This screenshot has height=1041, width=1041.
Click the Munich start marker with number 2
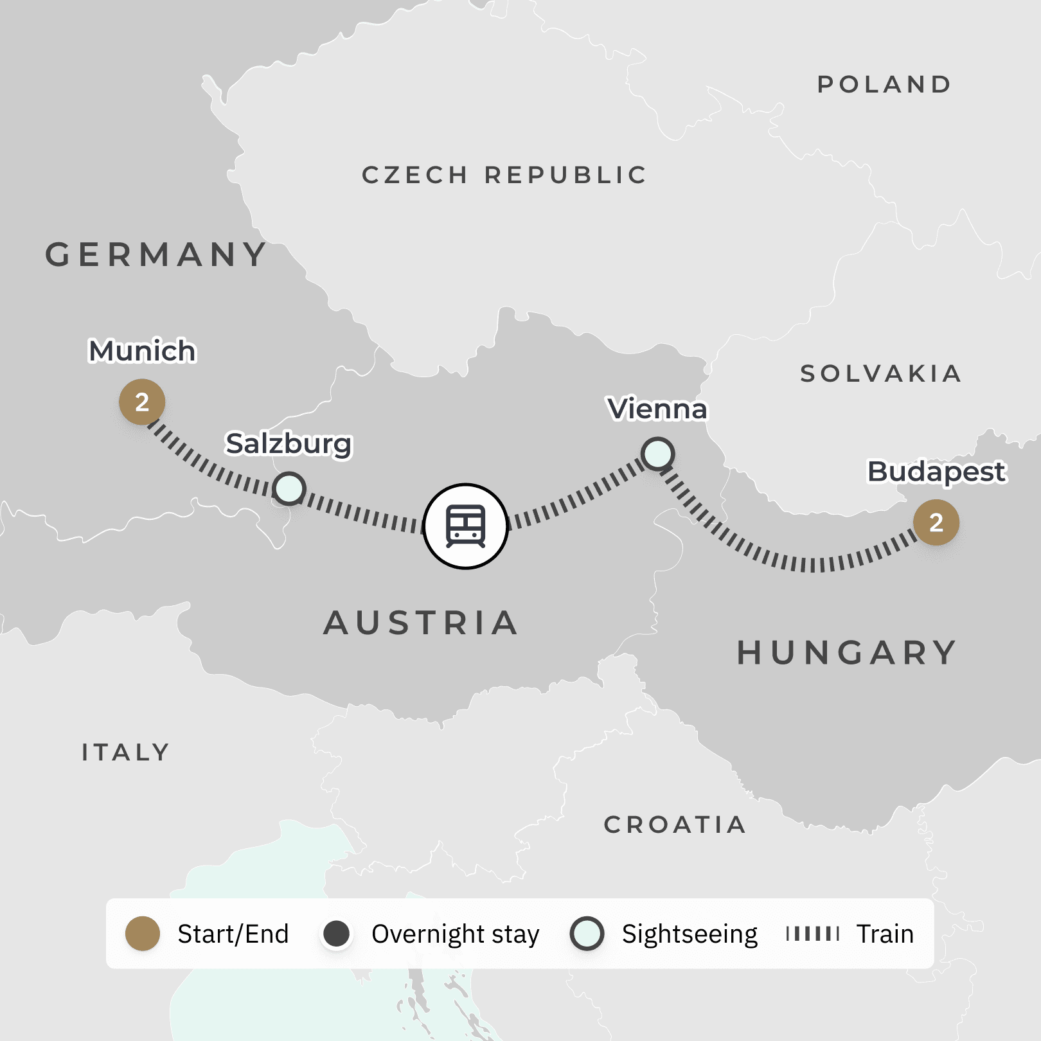(142, 402)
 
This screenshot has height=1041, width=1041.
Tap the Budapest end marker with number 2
(936, 522)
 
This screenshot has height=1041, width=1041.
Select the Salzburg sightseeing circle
(289, 488)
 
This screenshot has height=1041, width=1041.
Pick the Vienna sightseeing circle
(657, 454)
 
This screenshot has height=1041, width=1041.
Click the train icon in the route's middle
(466, 526)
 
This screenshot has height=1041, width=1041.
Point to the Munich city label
(142, 351)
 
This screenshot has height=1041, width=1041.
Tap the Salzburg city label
(289, 443)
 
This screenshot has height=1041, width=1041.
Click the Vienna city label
(657, 409)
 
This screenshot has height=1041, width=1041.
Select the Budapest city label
(936, 471)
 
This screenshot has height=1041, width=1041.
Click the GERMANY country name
(156, 254)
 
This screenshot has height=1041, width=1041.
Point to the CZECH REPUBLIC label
(504, 175)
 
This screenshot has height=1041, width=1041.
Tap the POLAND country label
(884, 84)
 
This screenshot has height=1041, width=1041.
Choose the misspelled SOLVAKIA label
(880, 373)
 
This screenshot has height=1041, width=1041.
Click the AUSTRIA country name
(421, 623)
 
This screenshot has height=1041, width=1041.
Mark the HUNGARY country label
(847, 653)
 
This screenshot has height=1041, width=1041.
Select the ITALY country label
(126, 752)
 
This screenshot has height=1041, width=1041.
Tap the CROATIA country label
(675, 824)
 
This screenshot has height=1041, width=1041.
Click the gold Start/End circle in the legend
(143, 934)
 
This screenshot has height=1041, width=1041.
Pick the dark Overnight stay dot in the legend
(336, 934)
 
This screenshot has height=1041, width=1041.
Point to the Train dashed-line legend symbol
(813, 934)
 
